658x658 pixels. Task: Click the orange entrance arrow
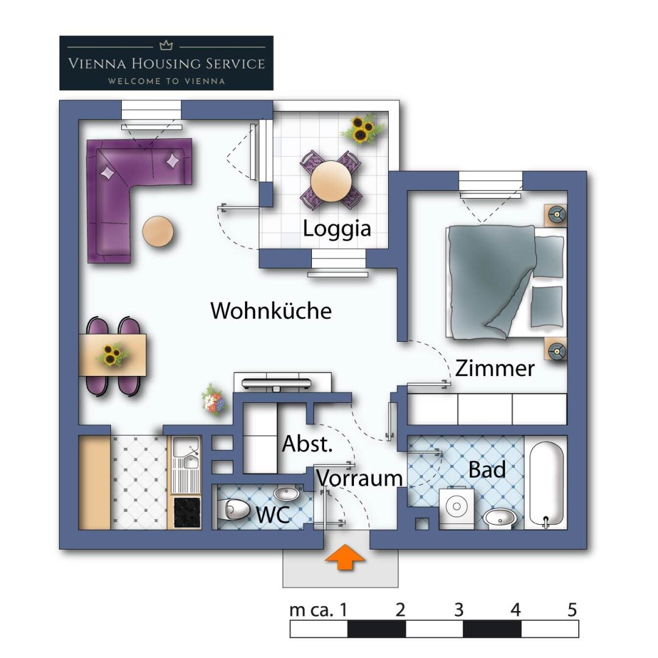point(346,559)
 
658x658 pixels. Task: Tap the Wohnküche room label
point(271,311)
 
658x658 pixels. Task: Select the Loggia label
point(337,229)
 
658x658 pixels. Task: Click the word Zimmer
point(495,369)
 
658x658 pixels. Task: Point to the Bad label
point(487,470)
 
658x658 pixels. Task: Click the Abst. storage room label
point(307,444)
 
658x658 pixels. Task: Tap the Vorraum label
point(359,478)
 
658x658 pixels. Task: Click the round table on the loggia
point(331,180)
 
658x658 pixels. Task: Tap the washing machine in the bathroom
point(456,508)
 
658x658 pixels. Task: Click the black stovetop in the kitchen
point(186,512)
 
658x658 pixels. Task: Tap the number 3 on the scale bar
point(459,610)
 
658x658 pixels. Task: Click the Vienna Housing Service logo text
point(166,63)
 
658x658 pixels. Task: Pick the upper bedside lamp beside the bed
point(555,214)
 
